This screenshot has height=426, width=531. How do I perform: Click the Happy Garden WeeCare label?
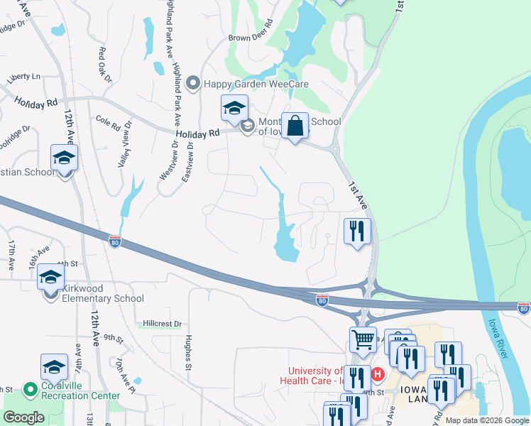click(246, 84)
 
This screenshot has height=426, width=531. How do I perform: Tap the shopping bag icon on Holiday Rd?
click(295, 127)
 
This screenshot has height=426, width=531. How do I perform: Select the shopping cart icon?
click(363, 340)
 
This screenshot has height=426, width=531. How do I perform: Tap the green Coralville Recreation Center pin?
click(30, 389)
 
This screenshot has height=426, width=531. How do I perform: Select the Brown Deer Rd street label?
click(251, 38)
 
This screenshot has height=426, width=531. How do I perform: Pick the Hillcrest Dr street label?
click(162, 323)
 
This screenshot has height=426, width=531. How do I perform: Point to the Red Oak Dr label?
click(105, 64)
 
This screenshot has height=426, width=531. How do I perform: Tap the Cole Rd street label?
click(106, 123)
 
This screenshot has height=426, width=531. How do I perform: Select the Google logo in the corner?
click(23, 417)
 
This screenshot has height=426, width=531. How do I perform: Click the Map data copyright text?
click(487, 420)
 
